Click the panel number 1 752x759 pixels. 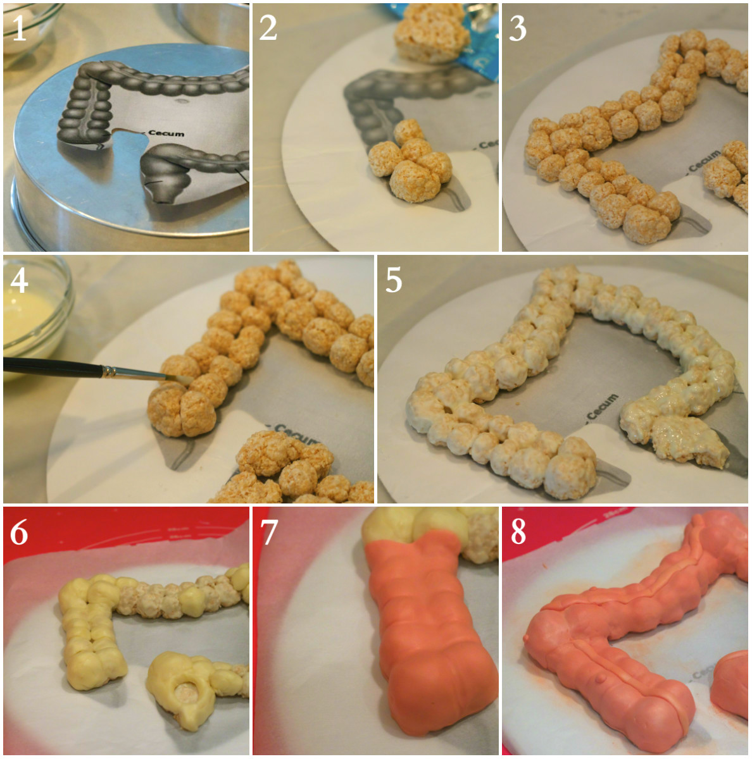19,28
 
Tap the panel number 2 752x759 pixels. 268,28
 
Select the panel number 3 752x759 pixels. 518,28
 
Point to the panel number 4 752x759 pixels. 19,280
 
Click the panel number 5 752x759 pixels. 394,280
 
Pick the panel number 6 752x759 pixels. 19,533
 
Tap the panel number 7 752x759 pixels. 269,533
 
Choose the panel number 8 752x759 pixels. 518,533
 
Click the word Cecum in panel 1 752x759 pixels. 166,133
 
